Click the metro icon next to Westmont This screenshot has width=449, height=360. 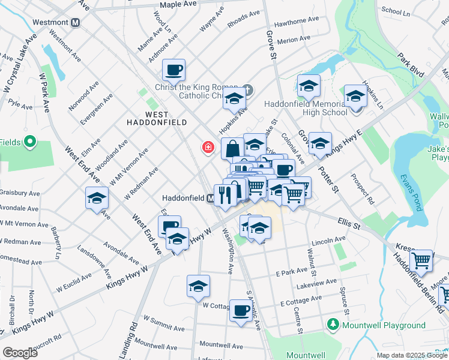click(x=76, y=23)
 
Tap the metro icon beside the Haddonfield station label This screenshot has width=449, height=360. click(x=211, y=197)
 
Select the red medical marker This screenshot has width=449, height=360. click(x=208, y=147)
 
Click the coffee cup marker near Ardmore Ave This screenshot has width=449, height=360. click(x=173, y=70)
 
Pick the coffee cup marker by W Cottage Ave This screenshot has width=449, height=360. click(x=241, y=311)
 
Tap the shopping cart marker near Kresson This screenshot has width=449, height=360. click(x=421, y=260)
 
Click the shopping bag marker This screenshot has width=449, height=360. click(x=232, y=148)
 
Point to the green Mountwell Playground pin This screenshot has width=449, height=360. click(x=333, y=325)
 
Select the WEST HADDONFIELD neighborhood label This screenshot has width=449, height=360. click(x=157, y=118)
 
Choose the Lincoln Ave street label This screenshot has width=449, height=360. click(x=328, y=240)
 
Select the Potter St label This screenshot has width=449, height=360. click(x=328, y=180)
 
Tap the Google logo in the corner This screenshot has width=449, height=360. click(x=20, y=352)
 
